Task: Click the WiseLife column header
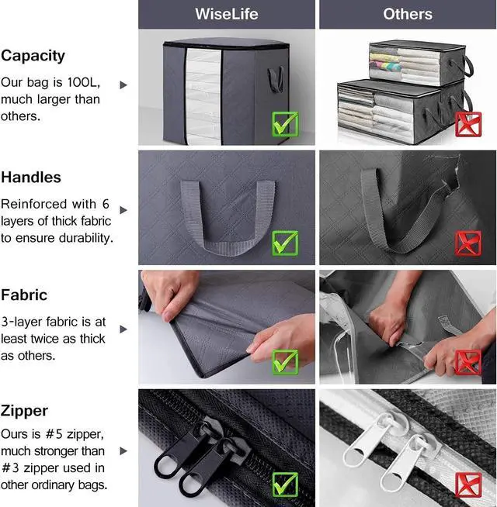pyautogui.click(x=226, y=14)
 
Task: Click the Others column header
pyautogui.click(x=408, y=14)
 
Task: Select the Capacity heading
pyautogui.click(x=33, y=56)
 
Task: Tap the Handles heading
pyautogui.click(x=31, y=177)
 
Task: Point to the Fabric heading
pyautogui.click(x=24, y=295)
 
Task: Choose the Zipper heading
pyautogui.click(x=24, y=411)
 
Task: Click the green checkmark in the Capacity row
pyautogui.click(x=285, y=125)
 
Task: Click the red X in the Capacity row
pyautogui.click(x=467, y=125)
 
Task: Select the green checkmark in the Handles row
pyautogui.click(x=285, y=243)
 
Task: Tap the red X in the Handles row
pyautogui.click(x=467, y=243)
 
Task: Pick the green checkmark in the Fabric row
pyautogui.click(x=285, y=361)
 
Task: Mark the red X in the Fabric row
pyautogui.click(x=467, y=361)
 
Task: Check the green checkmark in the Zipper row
pyautogui.click(x=285, y=485)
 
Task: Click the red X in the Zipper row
pyautogui.click(x=467, y=485)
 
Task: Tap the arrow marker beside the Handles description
pyautogui.click(x=123, y=210)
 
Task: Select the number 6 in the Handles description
pyautogui.click(x=105, y=204)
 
